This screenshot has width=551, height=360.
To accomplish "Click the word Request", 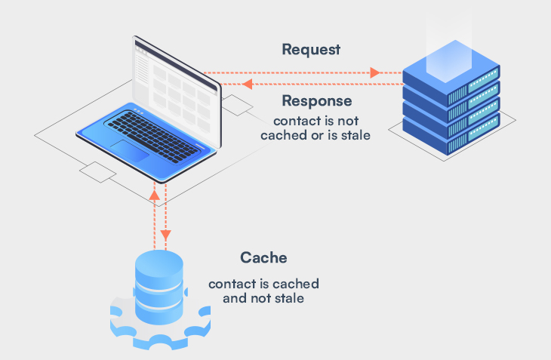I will pyautogui.click(x=311, y=50).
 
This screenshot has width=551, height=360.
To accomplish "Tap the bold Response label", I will pyautogui.click(x=316, y=100).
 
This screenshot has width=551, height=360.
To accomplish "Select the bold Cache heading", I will pyautogui.click(x=263, y=257).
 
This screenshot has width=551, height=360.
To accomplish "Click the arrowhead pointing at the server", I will pyautogui.click(x=374, y=73).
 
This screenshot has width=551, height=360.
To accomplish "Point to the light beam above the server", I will pyautogui.click(x=451, y=45).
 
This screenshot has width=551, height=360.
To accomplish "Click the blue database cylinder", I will pyautogui.click(x=159, y=287).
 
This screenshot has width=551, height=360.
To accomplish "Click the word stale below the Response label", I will pyautogui.click(x=353, y=137).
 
